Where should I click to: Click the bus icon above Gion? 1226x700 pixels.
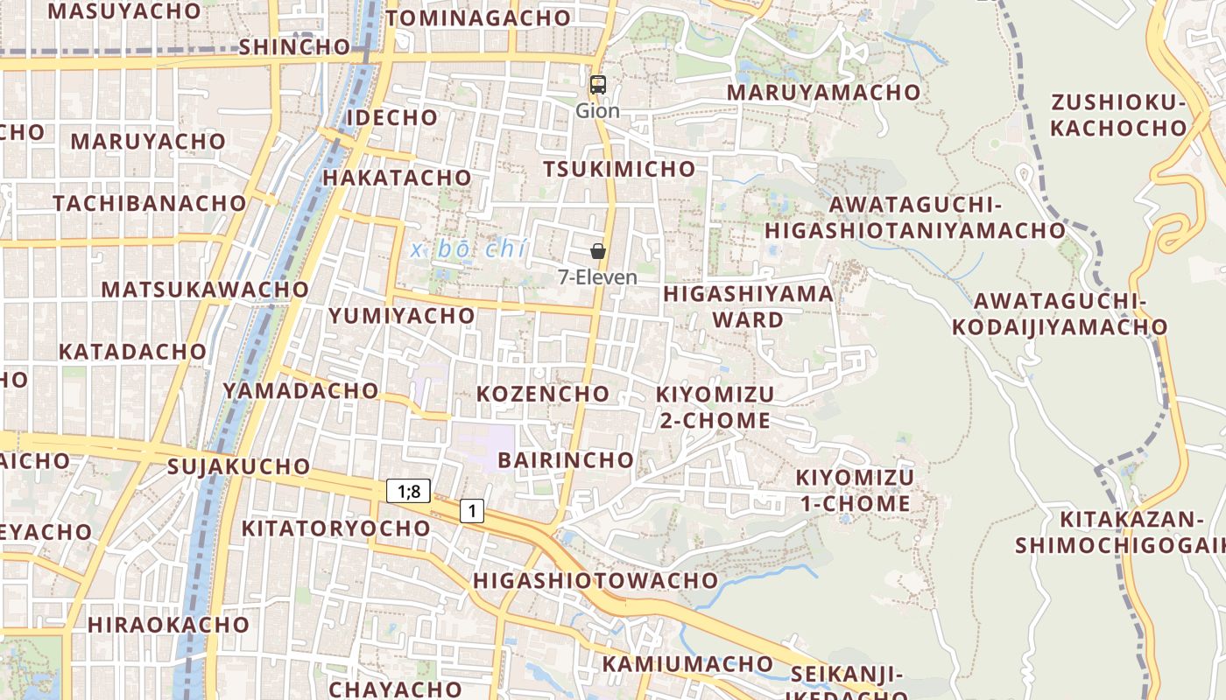click(x=598, y=85)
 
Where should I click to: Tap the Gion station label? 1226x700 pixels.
click(x=597, y=111)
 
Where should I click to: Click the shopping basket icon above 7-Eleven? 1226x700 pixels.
click(x=598, y=252)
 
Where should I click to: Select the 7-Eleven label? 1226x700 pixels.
click(x=598, y=277)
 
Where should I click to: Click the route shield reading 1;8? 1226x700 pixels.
click(x=408, y=491)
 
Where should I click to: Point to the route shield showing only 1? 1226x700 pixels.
click(x=472, y=510)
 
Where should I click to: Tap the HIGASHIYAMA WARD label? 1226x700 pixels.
click(x=748, y=306)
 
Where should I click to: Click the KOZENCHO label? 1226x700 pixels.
click(x=542, y=394)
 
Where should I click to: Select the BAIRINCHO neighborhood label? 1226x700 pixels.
click(x=565, y=459)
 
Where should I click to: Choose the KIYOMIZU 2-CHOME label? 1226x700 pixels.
click(x=715, y=408)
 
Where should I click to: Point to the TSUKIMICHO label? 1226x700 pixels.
click(x=619, y=169)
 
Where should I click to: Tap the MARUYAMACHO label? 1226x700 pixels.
click(x=823, y=92)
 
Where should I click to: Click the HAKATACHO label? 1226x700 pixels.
click(x=397, y=178)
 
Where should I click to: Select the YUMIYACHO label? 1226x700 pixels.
click(x=401, y=316)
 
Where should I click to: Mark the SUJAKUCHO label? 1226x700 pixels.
click(x=238, y=466)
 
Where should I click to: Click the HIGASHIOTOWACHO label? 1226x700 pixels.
click(x=595, y=580)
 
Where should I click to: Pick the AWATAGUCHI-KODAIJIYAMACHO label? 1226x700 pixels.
click(x=1060, y=314)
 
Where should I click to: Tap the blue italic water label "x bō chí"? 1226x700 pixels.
click(x=469, y=249)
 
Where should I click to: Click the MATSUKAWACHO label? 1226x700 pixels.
click(x=205, y=289)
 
